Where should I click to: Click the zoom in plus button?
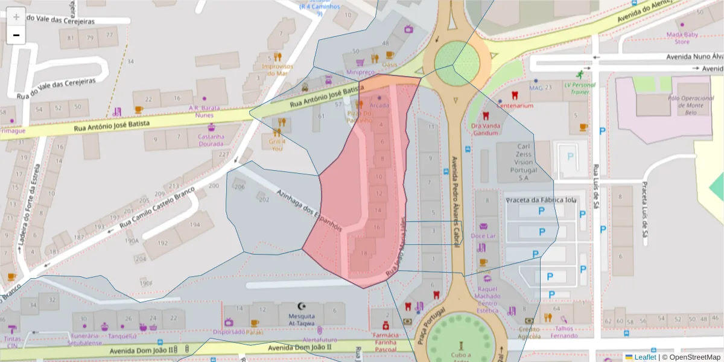(x=16, y=17)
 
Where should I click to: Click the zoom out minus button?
(x=16, y=35)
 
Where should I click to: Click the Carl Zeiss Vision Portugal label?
(x=524, y=162)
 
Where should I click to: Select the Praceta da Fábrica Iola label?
(x=541, y=200)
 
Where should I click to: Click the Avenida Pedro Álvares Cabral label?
(x=457, y=202)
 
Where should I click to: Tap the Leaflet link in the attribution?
(x=644, y=357)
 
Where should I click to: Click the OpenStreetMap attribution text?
(x=691, y=357)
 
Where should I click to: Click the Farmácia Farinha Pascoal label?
(x=386, y=341)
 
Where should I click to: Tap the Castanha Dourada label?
(x=211, y=140)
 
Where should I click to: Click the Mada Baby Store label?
(x=682, y=38)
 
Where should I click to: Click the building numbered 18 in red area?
(x=363, y=253)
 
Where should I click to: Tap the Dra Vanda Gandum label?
(x=485, y=129)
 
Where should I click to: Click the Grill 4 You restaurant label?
(x=277, y=144)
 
